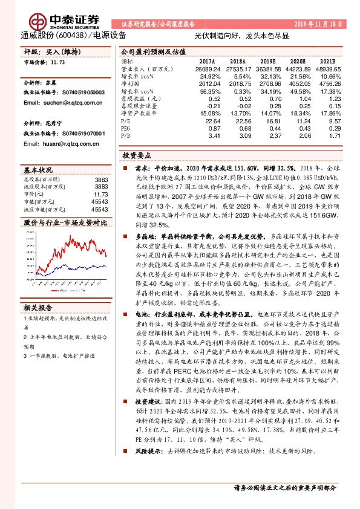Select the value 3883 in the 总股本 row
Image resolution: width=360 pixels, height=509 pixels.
(101, 180)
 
